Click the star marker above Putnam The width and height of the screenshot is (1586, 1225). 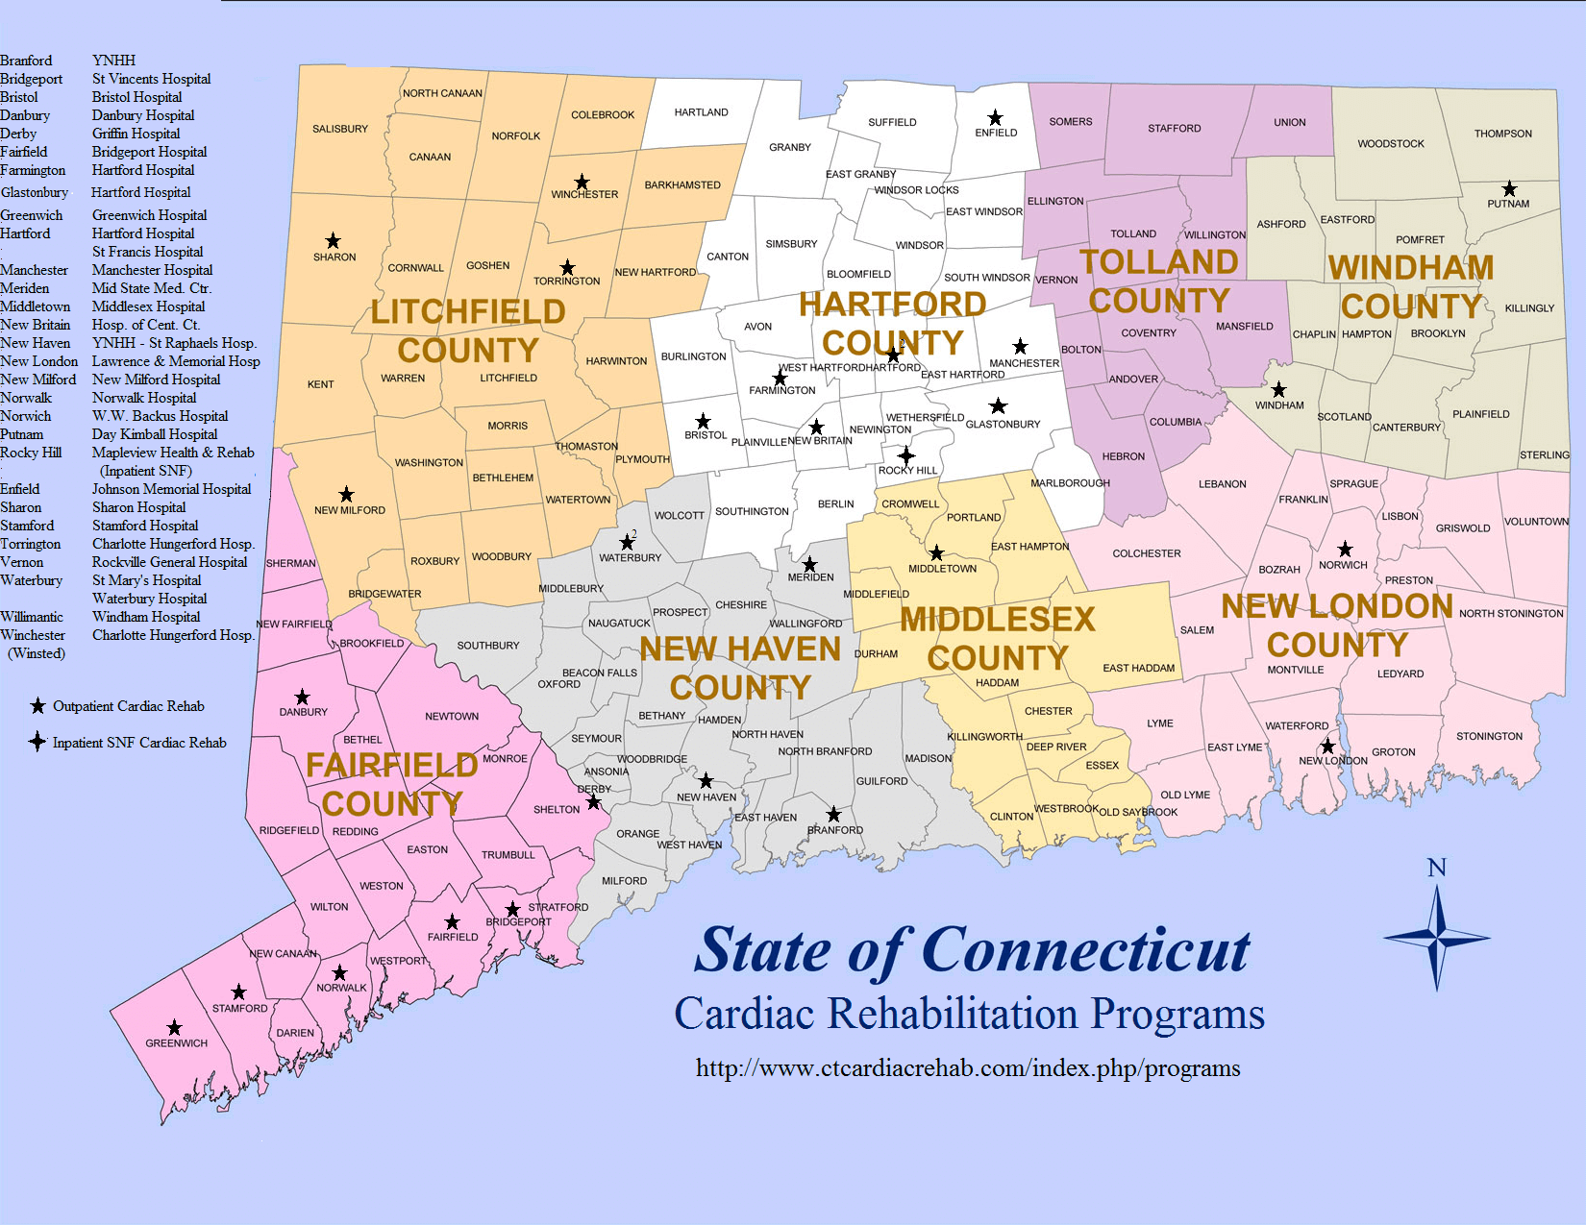tap(1509, 189)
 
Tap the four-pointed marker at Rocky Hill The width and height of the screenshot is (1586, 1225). tap(905, 455)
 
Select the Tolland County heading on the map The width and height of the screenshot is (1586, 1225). tap(1159, 282)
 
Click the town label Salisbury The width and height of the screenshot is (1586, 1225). tap(340, 129)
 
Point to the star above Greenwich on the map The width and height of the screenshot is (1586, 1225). tap(174, 1028)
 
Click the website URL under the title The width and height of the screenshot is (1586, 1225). tap(968, 1068)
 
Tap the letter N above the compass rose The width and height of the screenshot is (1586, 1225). tap(1437, 868)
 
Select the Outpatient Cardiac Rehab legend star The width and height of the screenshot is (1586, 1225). tap(37, 706)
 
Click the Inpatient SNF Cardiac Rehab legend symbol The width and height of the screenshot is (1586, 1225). tap(37, 742)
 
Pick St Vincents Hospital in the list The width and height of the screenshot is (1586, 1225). tap(151, 79)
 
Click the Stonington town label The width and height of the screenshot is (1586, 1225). tap(1489, 737)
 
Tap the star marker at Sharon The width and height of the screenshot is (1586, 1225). tap(333, 241)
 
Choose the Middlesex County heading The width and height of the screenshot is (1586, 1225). tap(998, 639)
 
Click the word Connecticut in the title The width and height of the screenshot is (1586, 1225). tap(1086, 951)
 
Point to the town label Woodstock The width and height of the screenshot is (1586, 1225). tap(1391, 144)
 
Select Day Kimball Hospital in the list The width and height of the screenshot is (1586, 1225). tap(155, 434)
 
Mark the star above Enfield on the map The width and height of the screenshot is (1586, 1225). tap(995, 118)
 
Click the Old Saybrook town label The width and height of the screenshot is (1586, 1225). tap(1138, 812)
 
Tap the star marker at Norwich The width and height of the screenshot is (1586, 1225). tap(1345, 550)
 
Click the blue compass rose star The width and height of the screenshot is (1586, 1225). tap(1437, 938)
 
